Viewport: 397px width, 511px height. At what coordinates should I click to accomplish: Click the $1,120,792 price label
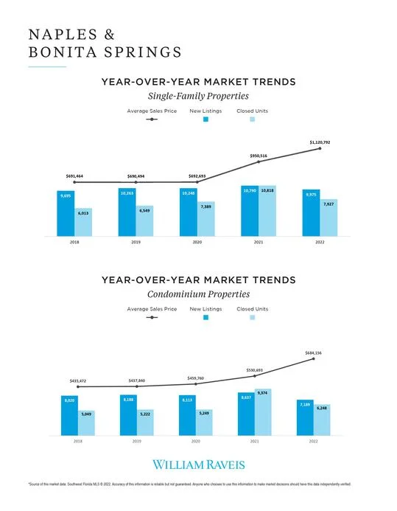click(320, 142)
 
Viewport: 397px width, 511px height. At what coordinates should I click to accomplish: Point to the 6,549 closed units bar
click(144, 221)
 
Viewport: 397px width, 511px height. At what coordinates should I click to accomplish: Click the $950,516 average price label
click(259, 156)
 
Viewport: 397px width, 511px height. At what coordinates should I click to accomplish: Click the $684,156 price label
click(314, 353)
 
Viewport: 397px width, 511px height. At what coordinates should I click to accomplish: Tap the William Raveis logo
click(198, 465)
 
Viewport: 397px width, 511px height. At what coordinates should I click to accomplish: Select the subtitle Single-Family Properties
click(198, 96)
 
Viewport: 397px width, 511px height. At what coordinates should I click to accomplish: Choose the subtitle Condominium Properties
click(198, 294)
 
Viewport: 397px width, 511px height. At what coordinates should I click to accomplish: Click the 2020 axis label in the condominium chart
click(196, 440)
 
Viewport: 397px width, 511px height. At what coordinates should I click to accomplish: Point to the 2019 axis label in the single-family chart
click(136, 242)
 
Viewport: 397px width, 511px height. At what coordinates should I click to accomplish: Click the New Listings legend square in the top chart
click(206, 119)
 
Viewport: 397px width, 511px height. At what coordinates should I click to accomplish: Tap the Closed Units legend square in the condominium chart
click(252, 317)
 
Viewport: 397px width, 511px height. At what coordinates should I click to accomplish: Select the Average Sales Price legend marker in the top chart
click(152, 119)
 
